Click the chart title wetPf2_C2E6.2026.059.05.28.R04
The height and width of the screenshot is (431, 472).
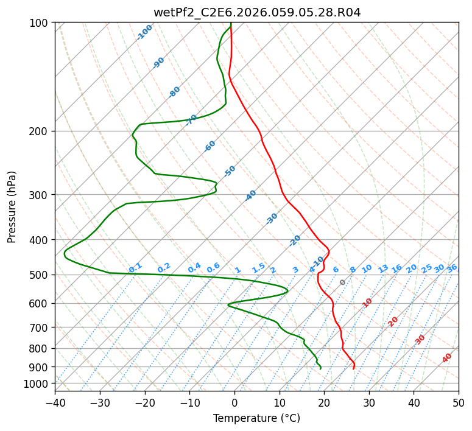[x=257, y=13]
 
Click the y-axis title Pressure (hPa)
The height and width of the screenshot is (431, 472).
[x=11, y=207]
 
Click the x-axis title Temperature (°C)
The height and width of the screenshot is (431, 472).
[x=257, y=418]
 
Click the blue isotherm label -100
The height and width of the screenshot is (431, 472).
[x=144, y=32]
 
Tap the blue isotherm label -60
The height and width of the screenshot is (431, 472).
[x=210, y=146]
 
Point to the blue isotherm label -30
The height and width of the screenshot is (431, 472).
[x=272, y=219]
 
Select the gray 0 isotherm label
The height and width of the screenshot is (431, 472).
[x=342, y=282]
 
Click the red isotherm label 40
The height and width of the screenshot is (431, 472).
[x=446, y=358]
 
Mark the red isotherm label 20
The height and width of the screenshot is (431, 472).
[x=393, y=322]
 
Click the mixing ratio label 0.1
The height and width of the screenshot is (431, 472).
[x=135, y=268]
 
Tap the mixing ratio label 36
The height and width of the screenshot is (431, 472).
[x=452, y=268]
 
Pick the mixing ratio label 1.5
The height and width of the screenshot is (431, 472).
[x=258, y=268]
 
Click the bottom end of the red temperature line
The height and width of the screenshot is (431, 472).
[x=353, y=369]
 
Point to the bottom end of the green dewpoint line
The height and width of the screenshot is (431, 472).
[x=320, y=369]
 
